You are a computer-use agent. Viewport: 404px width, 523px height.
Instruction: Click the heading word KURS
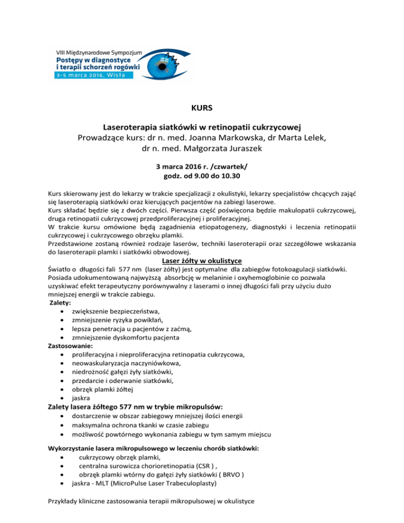click(x=202, y=110)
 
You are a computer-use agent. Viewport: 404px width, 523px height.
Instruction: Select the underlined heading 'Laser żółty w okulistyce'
click(x=201, y=260)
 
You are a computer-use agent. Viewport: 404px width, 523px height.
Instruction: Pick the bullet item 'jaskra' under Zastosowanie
click(x=82, y=398)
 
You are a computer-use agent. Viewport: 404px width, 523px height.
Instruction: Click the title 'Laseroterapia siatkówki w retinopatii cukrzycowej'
click(x=202, y=127)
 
